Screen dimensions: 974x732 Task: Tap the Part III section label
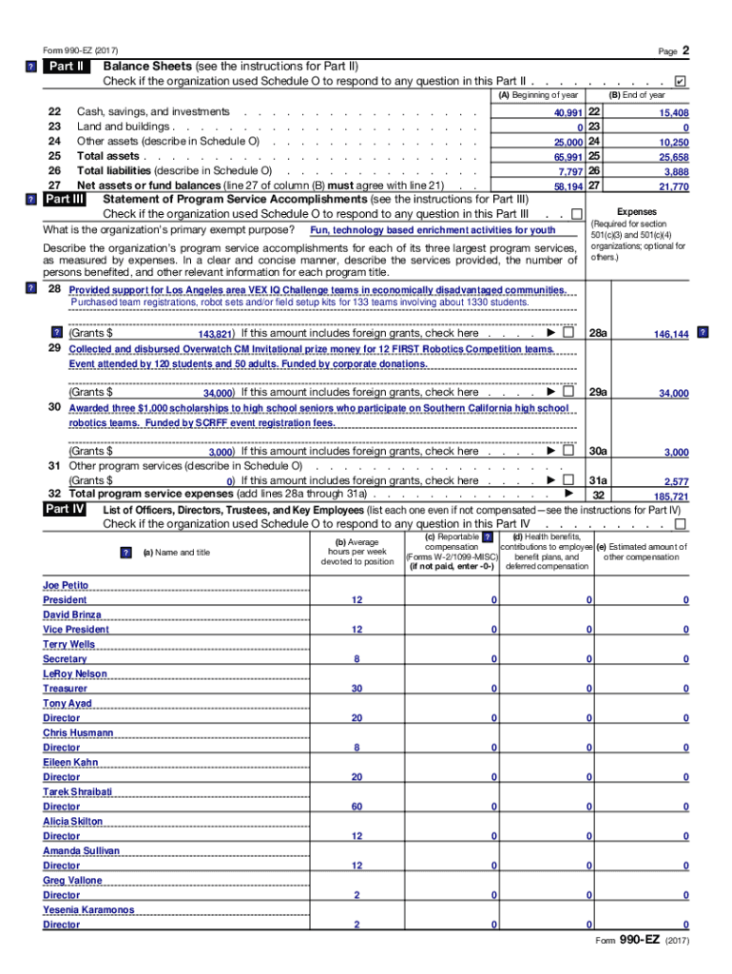click(x=66, y=200)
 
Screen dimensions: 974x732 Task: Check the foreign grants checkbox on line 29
click(x=568, y=392)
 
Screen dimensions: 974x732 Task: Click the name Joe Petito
click(x=66, y=585)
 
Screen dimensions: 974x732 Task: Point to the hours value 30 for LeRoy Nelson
click(x=356, y=689)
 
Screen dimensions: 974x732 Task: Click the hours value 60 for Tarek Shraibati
click(x=356, y=807)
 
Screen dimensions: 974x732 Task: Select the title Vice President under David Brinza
click(x=76, y=630)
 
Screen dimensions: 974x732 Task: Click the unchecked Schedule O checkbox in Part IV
click(x=679, y=524)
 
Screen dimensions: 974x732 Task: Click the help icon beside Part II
click(x=31, y=67)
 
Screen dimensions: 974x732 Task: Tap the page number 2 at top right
click(x=684, y=49)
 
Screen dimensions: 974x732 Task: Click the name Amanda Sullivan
click(x=81, y=850)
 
